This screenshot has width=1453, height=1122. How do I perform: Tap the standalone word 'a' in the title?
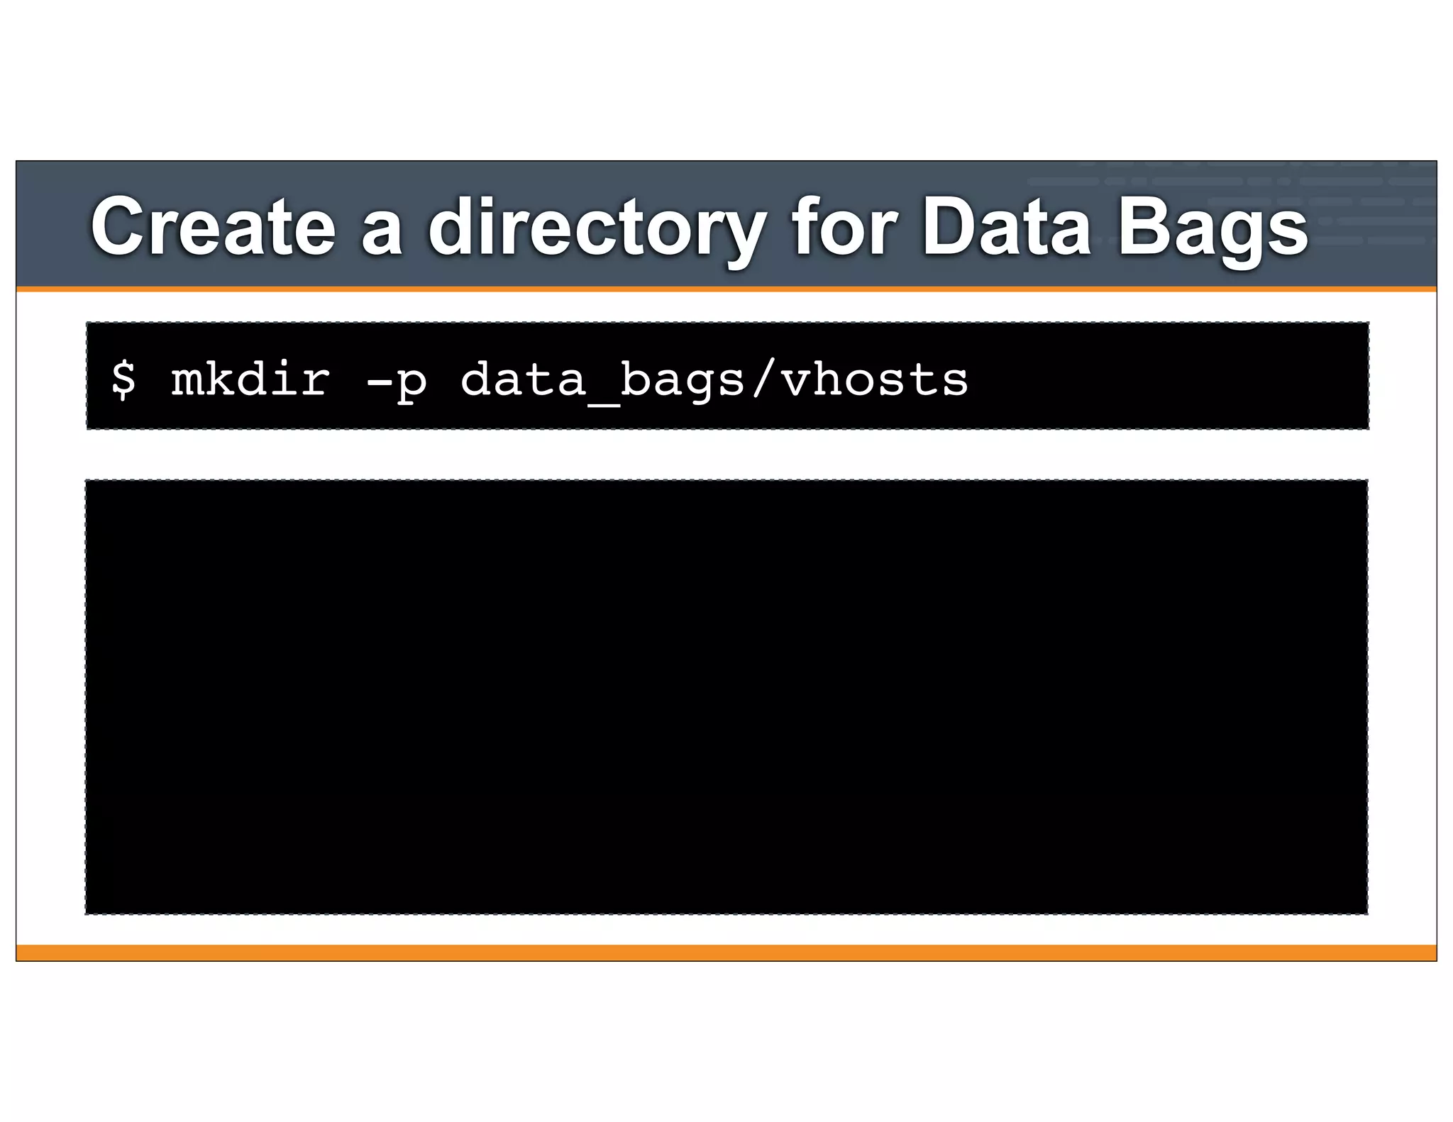pyautogui.click(x=382, y=231)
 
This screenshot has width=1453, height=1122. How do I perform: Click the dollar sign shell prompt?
pyautogui.click(x=123, y=379)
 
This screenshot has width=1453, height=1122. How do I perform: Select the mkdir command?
pyautogui.click(x=250, y=379)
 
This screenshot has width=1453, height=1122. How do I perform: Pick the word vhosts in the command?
pyautogui.click(x=874, y=379)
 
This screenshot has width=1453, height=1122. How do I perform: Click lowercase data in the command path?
pyautogui.click(x=524, y=379)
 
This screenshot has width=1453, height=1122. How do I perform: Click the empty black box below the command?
pyautogui.click(x=726, y=696)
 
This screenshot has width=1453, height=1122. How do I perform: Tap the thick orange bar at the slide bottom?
pyautogui.click(x=726, y=952)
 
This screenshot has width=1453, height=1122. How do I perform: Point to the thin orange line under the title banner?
pyautogui.click(x=726, y=289)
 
